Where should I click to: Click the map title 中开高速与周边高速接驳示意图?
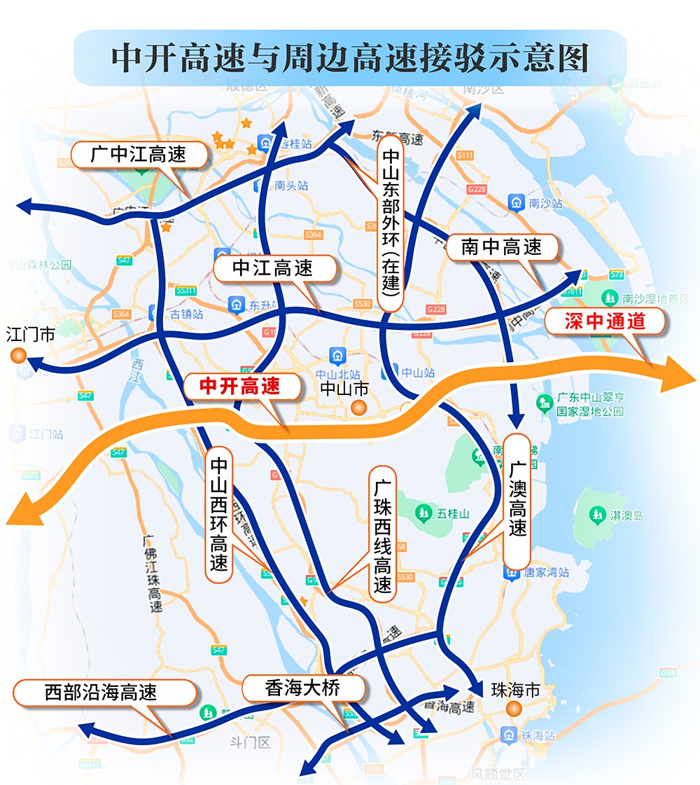point(349,58)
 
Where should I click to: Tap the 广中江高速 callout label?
point(139,154)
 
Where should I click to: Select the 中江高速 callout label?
point(273,268)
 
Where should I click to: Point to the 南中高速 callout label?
point(502,246)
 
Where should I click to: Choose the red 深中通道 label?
point(605,321)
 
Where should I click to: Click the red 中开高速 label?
point(240,386)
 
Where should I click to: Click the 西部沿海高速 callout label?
point(101,693)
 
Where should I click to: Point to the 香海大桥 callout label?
point(303,688)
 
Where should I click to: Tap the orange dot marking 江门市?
point(20,356)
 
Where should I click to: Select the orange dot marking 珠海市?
point(515,710)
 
